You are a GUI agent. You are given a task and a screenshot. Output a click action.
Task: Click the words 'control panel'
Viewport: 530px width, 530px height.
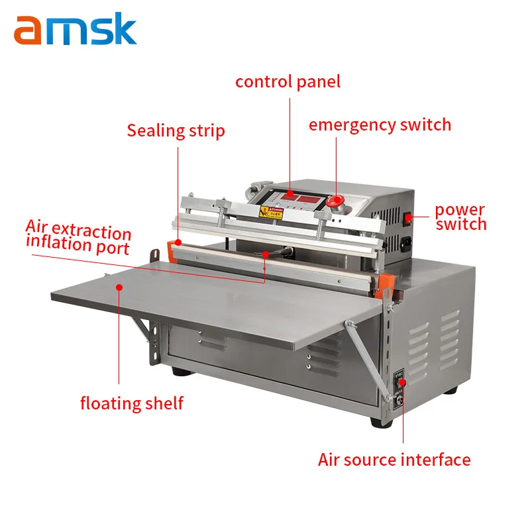tap(288, 81)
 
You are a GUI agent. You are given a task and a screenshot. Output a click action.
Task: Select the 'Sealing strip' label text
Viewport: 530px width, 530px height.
tap(176, 130)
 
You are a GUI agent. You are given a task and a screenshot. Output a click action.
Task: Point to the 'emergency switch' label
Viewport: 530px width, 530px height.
tap(380, 125)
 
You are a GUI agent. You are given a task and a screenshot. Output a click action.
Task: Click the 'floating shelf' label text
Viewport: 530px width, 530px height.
tap(132, 403)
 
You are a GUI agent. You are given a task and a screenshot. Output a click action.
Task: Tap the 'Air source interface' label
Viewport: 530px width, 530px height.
tap(394, 459)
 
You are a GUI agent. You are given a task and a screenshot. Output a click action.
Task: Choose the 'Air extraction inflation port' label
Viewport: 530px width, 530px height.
tap(78, 237)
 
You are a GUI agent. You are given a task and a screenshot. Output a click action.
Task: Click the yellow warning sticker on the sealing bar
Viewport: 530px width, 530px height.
tap(271, 213)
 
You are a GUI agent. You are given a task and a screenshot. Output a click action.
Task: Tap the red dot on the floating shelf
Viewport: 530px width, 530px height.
tap(119, 287)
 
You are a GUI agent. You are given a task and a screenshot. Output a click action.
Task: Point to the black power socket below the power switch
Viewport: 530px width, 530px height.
tap(405, 242)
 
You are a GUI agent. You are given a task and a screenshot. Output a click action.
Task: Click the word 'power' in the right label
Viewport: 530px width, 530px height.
tap(460, 211)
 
